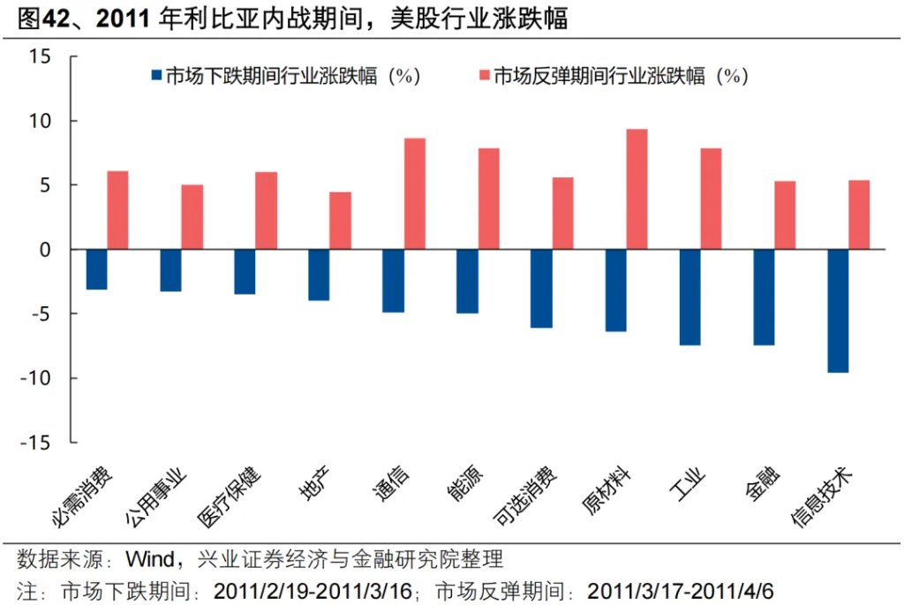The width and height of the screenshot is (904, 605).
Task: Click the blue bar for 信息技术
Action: pos(838,310)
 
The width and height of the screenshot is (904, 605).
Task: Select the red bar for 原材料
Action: pos(637,189)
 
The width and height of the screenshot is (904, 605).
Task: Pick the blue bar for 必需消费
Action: pos(96,269)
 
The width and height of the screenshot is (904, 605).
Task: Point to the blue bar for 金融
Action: pos(764,297)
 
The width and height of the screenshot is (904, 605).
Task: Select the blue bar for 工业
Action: pos(689,297)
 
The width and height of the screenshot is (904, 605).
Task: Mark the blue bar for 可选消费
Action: pos(541,288)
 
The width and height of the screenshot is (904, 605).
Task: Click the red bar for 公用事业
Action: pos(192,217)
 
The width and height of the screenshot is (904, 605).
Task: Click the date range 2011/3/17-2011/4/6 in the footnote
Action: pos(680,589)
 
